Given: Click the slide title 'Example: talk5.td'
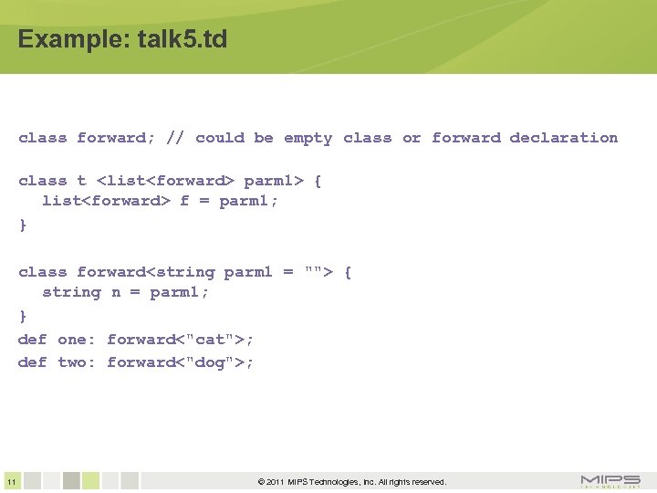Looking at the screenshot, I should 122,40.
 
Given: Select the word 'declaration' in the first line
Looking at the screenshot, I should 563,138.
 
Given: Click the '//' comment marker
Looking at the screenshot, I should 175,138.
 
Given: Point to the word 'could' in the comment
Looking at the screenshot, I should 220,138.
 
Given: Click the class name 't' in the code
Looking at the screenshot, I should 81,181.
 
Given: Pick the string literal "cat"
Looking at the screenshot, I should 210,340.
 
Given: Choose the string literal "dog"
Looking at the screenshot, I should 210,362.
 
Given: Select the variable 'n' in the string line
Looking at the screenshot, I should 116,293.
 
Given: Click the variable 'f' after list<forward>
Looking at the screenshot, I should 184,202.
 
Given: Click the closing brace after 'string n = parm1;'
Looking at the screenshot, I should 23,316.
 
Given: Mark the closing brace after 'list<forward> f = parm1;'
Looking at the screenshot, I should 23,225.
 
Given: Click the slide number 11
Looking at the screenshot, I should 10,482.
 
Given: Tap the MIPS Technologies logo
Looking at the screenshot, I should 610,481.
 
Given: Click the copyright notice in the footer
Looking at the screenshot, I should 352,482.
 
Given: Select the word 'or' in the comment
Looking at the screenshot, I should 412,138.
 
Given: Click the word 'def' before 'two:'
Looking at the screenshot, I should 32,362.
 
